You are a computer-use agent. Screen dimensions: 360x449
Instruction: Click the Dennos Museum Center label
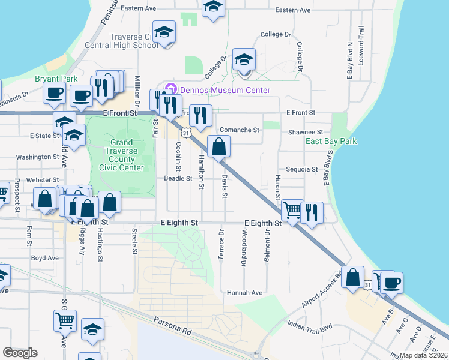tap(223, 91)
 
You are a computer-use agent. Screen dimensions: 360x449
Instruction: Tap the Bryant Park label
tap(56, 79)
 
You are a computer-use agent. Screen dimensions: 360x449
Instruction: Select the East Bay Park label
tap(331, 142)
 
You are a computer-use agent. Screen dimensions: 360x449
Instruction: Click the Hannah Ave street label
tap(245, 293)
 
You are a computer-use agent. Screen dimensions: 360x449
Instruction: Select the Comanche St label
tap(240, 130)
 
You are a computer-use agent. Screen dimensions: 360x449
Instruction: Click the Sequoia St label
tap(301, 170)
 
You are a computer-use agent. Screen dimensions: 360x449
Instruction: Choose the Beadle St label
tap(178, 178)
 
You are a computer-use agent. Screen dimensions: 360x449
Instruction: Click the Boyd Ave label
tap(45, 258)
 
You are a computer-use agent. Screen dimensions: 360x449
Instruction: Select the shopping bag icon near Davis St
tap(219, 146)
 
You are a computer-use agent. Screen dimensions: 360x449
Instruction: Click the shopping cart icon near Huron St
tap(292, 211)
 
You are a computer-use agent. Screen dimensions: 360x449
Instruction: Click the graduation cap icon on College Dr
tap(244, 60)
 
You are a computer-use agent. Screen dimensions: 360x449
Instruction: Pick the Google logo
tap(20, 353)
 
